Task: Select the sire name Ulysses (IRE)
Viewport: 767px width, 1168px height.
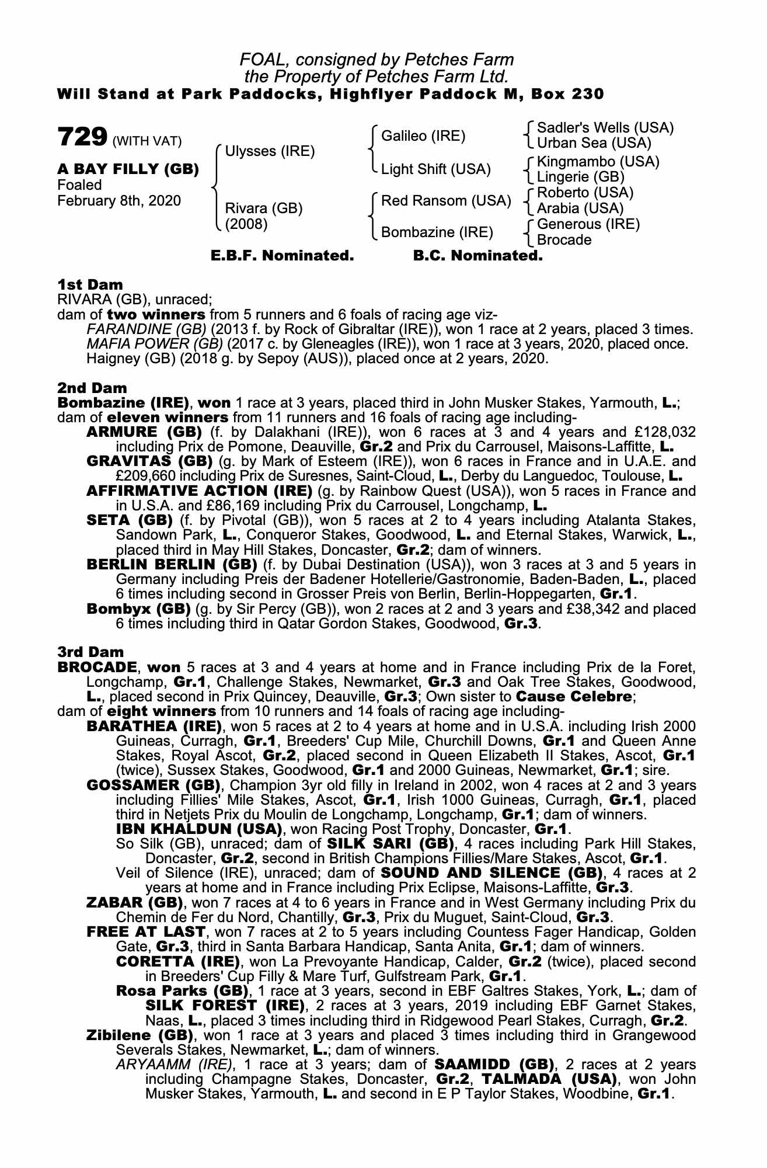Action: pos(270,151)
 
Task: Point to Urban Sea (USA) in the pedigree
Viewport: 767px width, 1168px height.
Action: pos(594,143)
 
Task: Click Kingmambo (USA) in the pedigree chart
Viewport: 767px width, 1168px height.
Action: pos(598,161)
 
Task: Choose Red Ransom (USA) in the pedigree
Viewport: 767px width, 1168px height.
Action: pos(446,201)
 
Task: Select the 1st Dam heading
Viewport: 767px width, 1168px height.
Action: pos(90,285)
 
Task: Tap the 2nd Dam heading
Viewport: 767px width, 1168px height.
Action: pos(92,388)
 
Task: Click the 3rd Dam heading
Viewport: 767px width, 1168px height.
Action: pos(90,652)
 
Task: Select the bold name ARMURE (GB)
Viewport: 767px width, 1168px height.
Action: pos(144,432)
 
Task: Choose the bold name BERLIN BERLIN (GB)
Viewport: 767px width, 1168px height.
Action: pos(172,565)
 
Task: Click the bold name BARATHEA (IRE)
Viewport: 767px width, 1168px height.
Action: pos(154,726)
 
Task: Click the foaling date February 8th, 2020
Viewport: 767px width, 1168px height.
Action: pos(119,201)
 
